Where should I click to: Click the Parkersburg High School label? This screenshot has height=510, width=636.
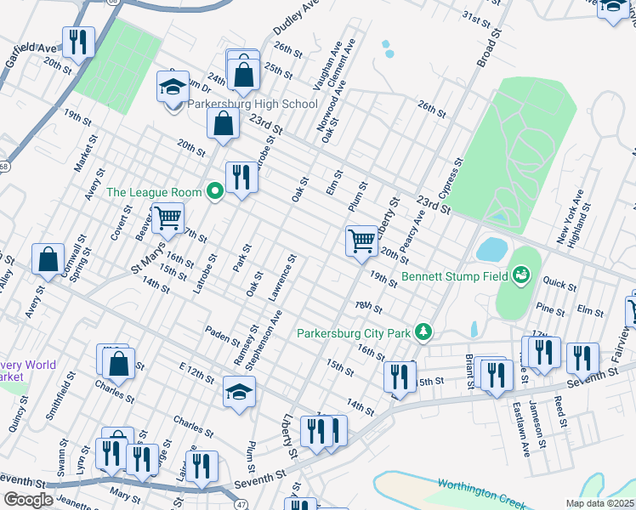[x=252, y=105]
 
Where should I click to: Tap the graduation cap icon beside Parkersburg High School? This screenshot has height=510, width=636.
[x=173, y=88]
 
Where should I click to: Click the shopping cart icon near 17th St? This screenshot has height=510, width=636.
[x=168, y=218]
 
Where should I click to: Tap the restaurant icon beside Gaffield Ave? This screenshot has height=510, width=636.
[x=78, y=42]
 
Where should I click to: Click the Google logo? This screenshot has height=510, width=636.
[x=28, y=500]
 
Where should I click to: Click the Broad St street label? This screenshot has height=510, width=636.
[x=486, y=52]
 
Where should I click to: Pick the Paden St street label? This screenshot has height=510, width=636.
[x=224, y=334]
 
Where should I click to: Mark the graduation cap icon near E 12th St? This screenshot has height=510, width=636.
[x=239, y=393]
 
